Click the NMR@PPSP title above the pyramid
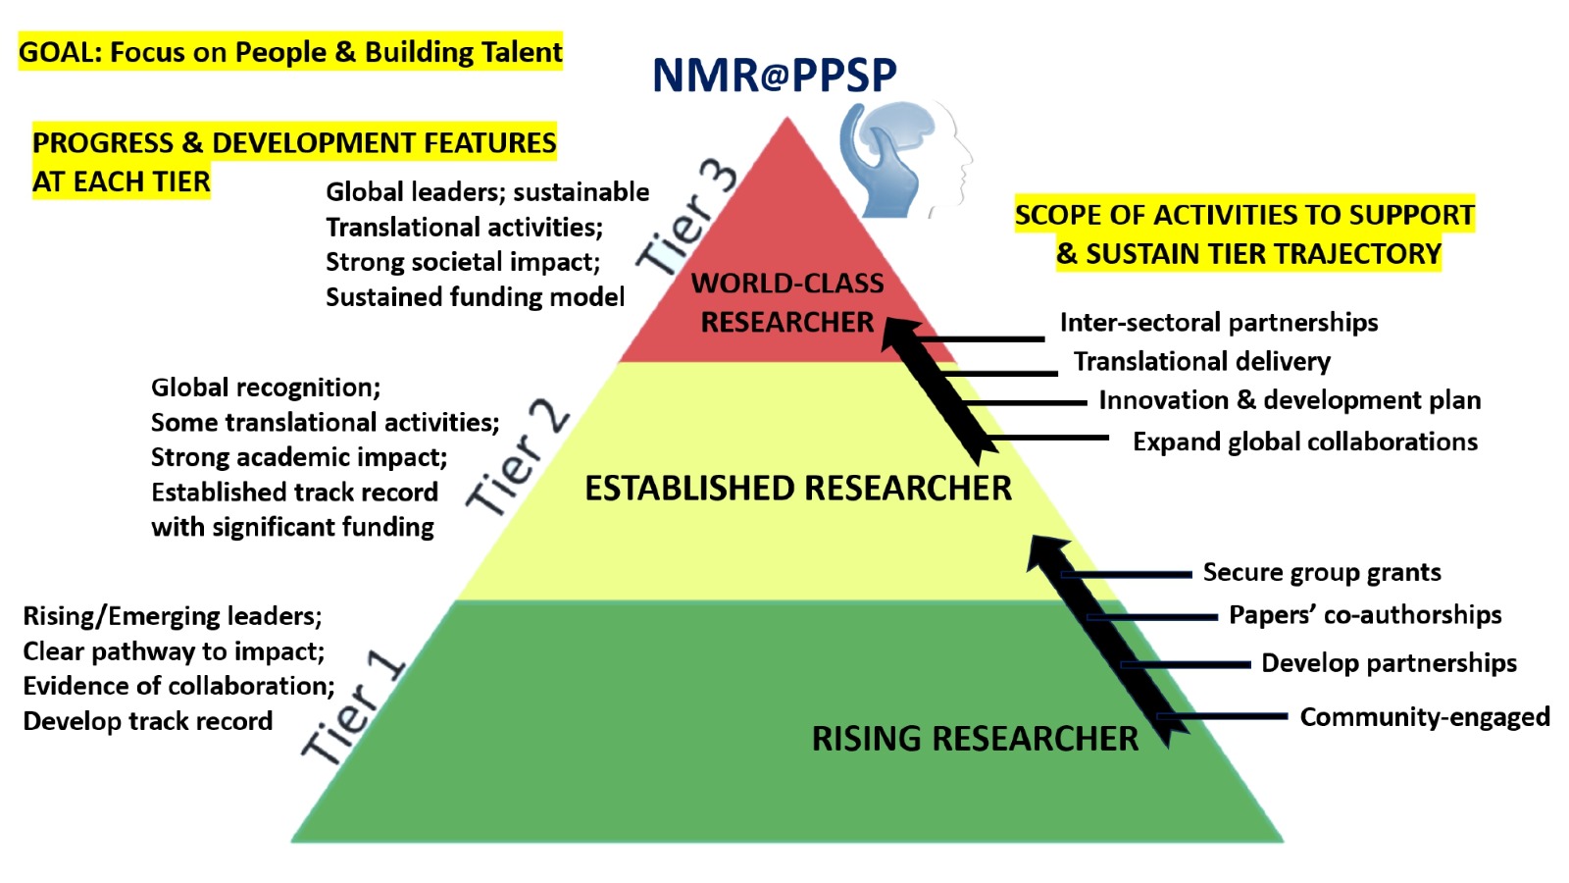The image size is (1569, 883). (774, 75)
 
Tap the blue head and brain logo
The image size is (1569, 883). (905, 160)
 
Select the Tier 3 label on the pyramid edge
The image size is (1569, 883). (686, 219)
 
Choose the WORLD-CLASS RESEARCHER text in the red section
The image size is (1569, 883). (787, 303)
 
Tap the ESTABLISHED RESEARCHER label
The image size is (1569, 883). (798, 488)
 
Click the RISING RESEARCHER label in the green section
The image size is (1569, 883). (975, 739)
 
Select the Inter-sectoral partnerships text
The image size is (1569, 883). (1219, 323)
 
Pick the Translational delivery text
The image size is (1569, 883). (1202, 362)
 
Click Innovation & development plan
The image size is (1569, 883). (1290, 400)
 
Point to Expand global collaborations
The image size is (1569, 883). (1305, 442)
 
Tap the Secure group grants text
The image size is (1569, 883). (1323, 573)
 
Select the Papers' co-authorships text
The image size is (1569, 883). (1365, 614)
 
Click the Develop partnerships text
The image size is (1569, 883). (1389, 663)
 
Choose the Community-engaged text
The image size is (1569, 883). (1425, 717)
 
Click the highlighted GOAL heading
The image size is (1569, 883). (290, 52)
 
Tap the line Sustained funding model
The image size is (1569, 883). (475, 297)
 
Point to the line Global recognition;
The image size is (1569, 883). (266, 388)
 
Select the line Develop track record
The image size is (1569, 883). (148, 721)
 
